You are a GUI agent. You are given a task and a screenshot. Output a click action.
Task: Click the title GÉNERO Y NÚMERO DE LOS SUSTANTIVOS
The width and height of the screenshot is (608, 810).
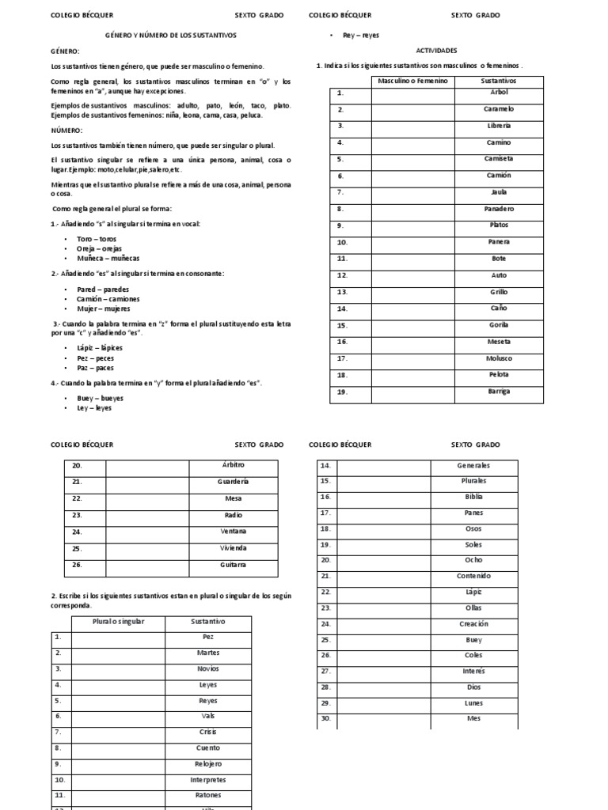pyautogui.click(x=171, y=36)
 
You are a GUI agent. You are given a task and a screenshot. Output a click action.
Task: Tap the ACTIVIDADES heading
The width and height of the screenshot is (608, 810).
pyautogui.click(x=435, y=50)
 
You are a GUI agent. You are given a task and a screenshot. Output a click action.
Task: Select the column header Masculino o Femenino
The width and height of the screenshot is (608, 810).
pyautogui.click(x=412, y=81)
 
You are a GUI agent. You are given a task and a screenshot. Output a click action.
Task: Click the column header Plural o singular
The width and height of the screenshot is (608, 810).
pyautogui.click(x=119, y=622)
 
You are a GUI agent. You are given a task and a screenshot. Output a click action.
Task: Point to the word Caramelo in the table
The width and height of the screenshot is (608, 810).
pyautogui.click(x=499, y=109)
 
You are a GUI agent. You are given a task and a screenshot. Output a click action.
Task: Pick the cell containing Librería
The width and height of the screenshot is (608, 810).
pyautogui.click(x=499, y=126)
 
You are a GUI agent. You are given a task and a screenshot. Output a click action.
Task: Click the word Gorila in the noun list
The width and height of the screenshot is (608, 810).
pyautogui.click(x=499, y=325)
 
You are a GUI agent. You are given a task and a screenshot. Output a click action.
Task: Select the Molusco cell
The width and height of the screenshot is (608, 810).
pyautogui.click(x=499, y=358)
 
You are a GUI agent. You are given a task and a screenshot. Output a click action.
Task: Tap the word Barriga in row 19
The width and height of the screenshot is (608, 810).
pyautogui.click(x=499, y=392)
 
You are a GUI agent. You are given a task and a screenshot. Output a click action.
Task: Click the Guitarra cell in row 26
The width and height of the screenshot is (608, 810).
pyautogui.click(x=233, y=565)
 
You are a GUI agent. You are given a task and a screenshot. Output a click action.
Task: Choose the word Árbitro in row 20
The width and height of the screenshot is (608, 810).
pyautogui.click(x=233, y=465)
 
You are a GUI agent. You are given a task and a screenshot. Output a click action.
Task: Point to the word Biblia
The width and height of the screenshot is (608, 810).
pyautogui.click(x=473, y=497)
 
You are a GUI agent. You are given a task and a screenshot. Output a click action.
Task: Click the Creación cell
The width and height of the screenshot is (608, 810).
pyautogui.click(x=473, y=624)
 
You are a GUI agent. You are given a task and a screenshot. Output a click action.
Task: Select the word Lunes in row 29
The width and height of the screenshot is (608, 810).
pyautogui.click(x=473, y=703)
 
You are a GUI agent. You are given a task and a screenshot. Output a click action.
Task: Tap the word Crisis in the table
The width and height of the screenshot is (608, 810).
pyautogui.click(x=208, y=732)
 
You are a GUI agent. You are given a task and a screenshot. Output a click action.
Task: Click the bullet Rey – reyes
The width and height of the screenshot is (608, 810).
pyautogui.click(x=361, y=36)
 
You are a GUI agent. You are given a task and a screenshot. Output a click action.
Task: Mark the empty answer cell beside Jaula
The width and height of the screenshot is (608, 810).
pyautogui.click(x=412, y=192)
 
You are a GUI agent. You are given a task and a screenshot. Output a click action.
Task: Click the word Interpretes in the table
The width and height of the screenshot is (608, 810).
pyautogui.click(x=208, y=779)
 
